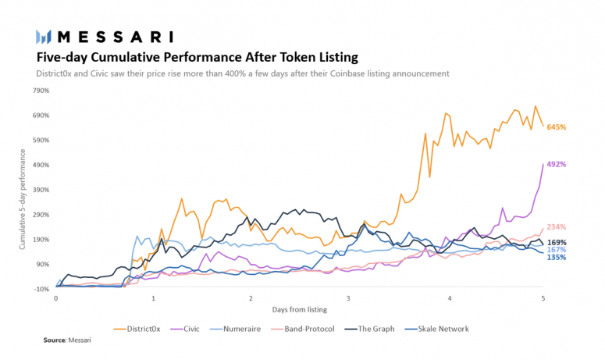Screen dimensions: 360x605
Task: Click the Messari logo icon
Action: click(44, 37)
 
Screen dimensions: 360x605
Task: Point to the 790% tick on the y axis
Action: click(40, 91)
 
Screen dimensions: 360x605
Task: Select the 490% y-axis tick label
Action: click(40, 165)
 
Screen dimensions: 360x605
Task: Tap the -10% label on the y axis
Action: click(41, 289)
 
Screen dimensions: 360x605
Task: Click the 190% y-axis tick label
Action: click(40, 240)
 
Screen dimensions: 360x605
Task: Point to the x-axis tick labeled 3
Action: click(348, 299)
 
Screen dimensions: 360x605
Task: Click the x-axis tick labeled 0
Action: click(55, 299)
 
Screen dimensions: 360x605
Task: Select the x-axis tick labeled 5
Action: click(543, 299)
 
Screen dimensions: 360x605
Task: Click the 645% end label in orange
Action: click(556, 127)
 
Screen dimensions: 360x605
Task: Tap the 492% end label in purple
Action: click(556, 165)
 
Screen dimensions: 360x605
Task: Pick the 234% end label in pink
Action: click(556, 227)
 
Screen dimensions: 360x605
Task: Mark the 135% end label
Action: click(556, 258)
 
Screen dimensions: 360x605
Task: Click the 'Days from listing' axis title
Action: click(299, 311)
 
